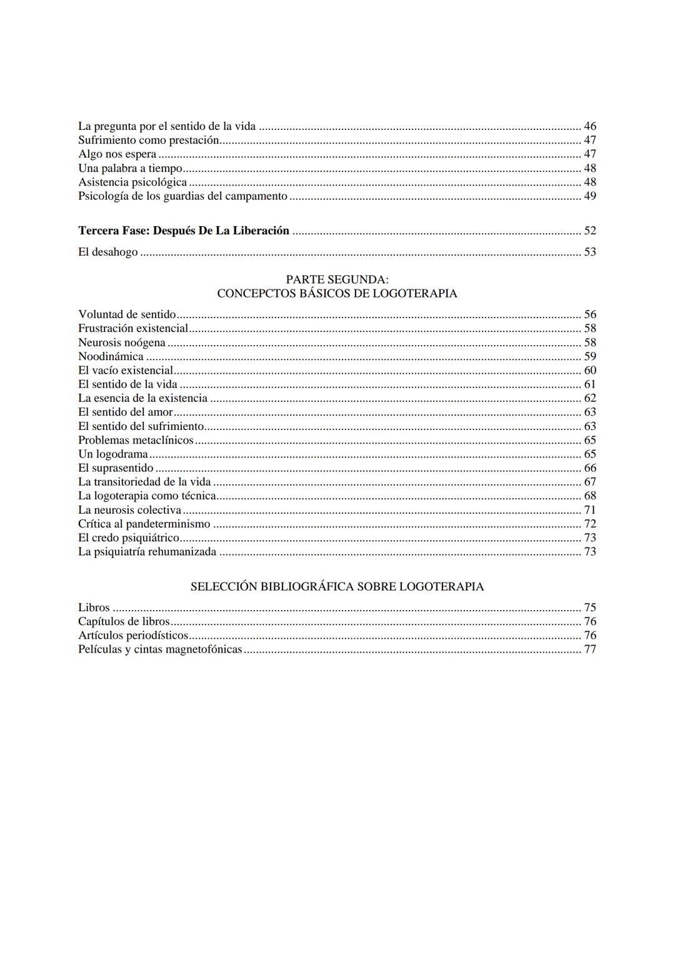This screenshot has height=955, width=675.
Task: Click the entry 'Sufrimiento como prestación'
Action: click(x=149, y=140)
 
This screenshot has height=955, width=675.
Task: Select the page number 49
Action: click(x=590, y=196)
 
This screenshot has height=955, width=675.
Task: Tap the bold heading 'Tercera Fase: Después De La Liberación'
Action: click(x=184, y=231)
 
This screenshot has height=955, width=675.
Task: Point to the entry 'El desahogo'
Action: click(x=108, y=252)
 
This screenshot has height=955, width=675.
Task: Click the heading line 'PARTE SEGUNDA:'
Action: click(x=337, y=279)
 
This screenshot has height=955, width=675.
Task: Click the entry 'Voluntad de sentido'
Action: click(x=127, y=314)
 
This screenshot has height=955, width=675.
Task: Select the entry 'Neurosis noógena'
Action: click(x=122, y=342)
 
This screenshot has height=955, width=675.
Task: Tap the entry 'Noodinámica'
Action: click(x=111, y=356)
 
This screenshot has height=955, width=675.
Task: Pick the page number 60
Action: click(x=590, y=370)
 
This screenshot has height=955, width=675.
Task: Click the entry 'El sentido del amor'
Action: click(x=126, y=412)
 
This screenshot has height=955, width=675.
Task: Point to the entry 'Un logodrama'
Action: click(x=113, y=454)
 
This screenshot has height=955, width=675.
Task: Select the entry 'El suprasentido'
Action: click(x=116, y=468)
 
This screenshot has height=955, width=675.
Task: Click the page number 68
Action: click(x=590, y=496)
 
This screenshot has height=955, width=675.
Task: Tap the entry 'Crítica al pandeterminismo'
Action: click(x=144, y=524)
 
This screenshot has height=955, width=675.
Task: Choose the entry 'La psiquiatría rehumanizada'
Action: click(x=147, y=551)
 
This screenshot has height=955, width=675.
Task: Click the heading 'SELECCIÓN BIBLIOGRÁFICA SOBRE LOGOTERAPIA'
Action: click(x=337, y=586)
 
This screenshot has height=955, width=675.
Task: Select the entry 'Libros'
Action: click(x=94, y=607)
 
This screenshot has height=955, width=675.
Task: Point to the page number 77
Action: click(x=590, y=649)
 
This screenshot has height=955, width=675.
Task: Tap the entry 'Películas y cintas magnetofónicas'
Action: click(x=160, y=649)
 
